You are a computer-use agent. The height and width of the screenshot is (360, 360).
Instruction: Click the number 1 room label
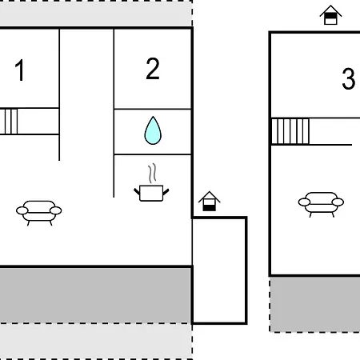click(x=20, y=70)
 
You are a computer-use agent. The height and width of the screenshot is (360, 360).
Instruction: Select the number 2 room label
click(x=153, y=69)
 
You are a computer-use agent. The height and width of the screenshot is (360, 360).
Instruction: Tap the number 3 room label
click(x=349, y=78)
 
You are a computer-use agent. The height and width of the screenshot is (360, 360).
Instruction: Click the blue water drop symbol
click(x=153, y=130)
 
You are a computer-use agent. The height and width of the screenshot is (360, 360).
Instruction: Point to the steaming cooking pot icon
click(x=151, y=182)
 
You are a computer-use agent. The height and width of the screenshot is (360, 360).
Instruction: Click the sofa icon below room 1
click(x=39, y=213)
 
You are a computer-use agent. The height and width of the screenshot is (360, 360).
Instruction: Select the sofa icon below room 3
click(x=321, y=204)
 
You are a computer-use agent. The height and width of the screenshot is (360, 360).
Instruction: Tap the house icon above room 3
click(x=330, y=15)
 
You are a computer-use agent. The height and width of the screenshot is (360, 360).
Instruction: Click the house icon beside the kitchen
click(x=210, y=202)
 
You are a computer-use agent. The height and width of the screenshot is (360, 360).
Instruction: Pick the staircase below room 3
click(x=290, y=131)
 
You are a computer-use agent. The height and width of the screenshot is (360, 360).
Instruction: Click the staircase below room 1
click(x=9, y=122)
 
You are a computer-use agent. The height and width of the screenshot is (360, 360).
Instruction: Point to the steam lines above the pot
click(x=152, y=173)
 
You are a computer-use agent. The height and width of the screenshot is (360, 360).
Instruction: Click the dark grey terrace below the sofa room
click(x=95, y=295)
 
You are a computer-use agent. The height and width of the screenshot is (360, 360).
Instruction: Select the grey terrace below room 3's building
click(x=315, y=304)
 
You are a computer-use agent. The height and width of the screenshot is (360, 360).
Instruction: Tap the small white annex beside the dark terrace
click(x=219, y=270)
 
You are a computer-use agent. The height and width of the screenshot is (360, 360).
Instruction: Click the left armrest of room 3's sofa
click(x=304, y=202)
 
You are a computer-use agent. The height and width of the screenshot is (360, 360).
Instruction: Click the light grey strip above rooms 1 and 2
click(x=96, y=13)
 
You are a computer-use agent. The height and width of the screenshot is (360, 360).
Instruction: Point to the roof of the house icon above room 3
click(x=330, y=10)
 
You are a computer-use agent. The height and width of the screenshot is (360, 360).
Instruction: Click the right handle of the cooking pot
click(x=166, y=192)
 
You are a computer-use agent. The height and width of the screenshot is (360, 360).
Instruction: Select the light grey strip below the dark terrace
click(x=96, y=342)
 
